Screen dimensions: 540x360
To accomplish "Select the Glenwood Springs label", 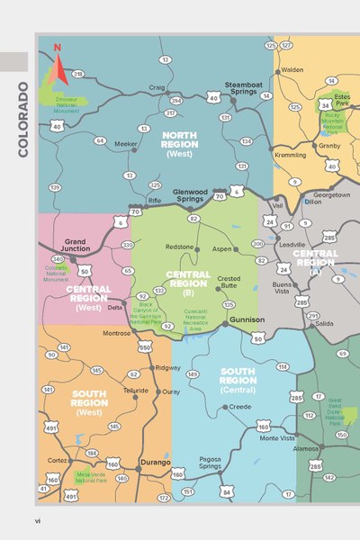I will [x=190, y=195].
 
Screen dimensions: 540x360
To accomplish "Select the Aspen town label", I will [x=222, y=247].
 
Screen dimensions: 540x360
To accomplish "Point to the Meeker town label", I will [x=125, y=144].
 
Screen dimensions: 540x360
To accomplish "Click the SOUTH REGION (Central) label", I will [x=238, y=382].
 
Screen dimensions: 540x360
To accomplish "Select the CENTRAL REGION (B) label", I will [x=188, y=281].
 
